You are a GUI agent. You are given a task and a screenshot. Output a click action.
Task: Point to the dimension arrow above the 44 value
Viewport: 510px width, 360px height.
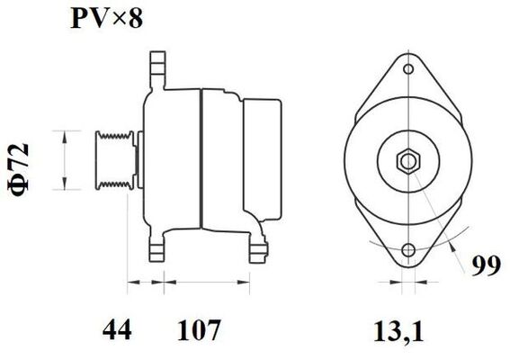coord(144,285)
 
